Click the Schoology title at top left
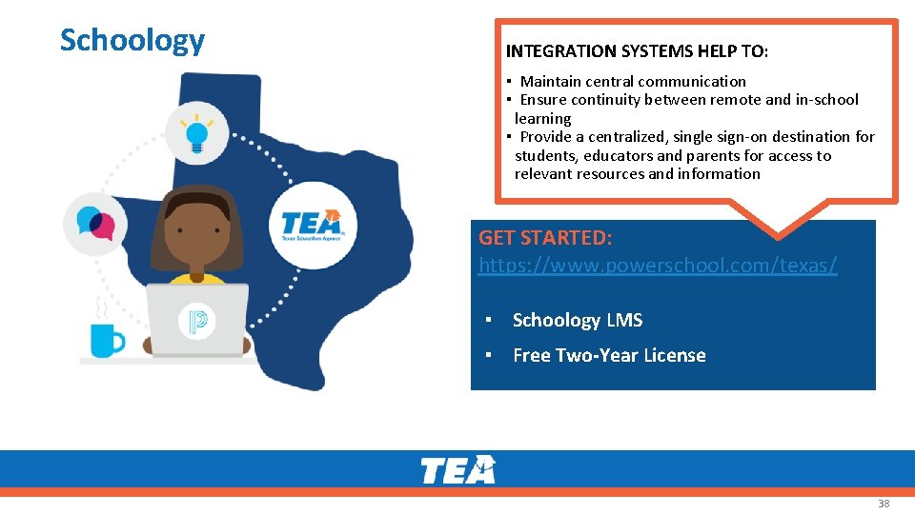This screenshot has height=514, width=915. [132, 40]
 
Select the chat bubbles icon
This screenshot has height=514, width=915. [94, 224]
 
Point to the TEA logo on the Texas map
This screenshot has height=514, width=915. [313, 226]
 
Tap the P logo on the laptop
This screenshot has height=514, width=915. [197, 321]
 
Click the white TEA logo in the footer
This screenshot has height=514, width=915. [458, 469]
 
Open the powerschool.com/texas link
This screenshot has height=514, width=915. [658, 266]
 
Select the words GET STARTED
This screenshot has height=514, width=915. [545, 237]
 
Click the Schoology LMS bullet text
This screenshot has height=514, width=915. [577, 321]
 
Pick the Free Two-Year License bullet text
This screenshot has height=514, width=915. [609, 356]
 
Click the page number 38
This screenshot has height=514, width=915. [884, 504]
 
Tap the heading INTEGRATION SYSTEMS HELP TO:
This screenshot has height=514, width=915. [637, 51]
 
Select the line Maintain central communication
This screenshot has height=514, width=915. [633, 82]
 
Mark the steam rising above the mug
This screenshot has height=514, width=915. [98, 307]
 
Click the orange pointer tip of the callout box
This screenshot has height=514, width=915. [779, 231]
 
